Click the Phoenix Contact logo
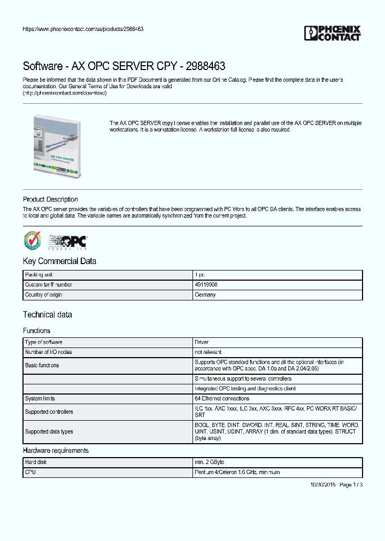click(332, 33)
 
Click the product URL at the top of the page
click(83, 29)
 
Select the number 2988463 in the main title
click(206, 66)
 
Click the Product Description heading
click(50, 199)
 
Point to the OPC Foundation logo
click(68, 242)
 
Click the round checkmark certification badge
click(32, 241)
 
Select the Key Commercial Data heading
click(59, 261)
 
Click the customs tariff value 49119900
click(206, 285)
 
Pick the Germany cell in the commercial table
click(205, 295)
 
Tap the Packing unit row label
click(38, 275)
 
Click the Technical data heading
click(47, 315)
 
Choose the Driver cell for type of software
click(202, 342)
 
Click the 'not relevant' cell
click(208, 352)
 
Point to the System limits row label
click(40, 399)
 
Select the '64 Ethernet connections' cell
click(222, 399)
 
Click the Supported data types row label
click(49, 431)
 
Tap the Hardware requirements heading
click(56, 451)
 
